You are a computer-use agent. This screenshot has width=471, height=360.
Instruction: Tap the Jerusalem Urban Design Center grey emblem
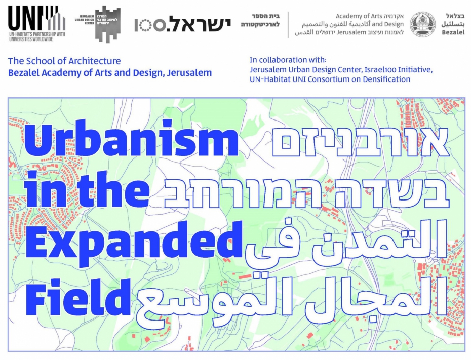pyautogui.click(x=107, y=23)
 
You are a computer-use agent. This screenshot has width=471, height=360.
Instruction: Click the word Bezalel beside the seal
pyautogui.click(x=453, y=32)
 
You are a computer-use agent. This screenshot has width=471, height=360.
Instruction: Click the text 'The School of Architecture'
pyautogui.click(x=64, y=61)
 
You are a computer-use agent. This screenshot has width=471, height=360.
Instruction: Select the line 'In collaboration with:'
pyautogui.click(x=288, y=60)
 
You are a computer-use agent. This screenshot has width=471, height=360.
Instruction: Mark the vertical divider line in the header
pyautogui.click(x=288, y=25)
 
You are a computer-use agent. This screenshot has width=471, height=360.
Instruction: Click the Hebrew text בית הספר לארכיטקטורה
pyautogui.click(x=260, y=20)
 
